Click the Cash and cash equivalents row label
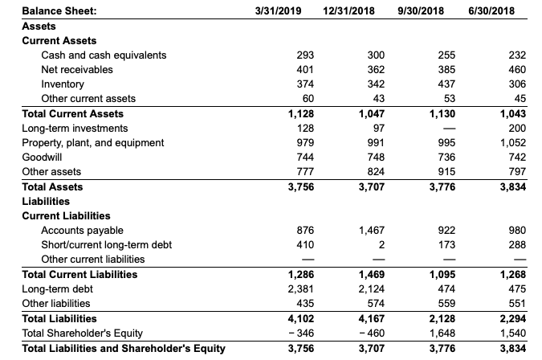coord(104,55)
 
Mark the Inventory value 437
coord(435,84)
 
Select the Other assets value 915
coord(435,172)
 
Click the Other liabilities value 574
coord(373,304)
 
